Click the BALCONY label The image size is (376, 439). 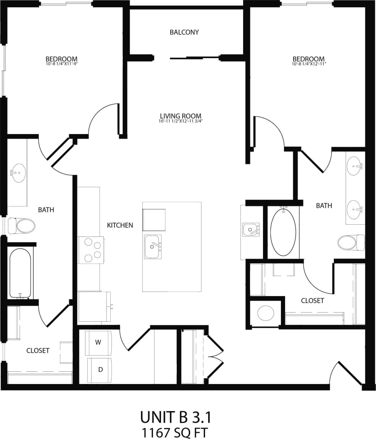(184, 32)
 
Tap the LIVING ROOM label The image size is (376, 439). (181, 116)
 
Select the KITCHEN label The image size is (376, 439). (120, 225)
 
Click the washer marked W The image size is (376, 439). (98, 342)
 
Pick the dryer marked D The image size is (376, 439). (100, 369)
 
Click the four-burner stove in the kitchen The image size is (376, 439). (92, 250)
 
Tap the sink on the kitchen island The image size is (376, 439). (153, 246)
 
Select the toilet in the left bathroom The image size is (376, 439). (22, 226)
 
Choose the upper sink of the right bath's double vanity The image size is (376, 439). (355, 166)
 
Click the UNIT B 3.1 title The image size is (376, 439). (176, 417)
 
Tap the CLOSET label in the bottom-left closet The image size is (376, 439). (38, 350)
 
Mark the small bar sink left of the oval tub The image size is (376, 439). (251, 230)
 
